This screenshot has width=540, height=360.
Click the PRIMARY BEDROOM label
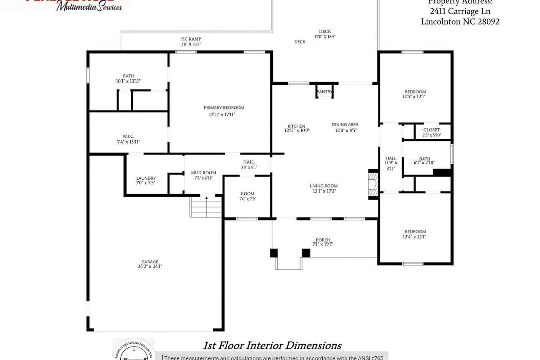(224, 108)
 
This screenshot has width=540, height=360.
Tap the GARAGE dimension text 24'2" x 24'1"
(149, 267)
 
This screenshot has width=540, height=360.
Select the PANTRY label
(324, 92)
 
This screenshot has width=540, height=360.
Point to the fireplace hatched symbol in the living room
(373, 184)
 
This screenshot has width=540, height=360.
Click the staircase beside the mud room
(206, 207)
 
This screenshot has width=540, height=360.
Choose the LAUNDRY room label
(146, 178)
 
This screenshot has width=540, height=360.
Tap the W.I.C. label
(128, 136)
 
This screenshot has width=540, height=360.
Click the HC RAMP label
(191, 39)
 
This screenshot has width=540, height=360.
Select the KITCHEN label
(296, 126)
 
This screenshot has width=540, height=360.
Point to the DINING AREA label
(345, 125)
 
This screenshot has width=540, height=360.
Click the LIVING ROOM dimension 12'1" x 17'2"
(324, 191)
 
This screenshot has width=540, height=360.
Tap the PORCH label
(323, 240)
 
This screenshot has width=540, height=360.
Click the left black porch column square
(274, 253)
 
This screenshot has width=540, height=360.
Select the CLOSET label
(431, 130)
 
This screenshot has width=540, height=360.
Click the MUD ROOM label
(203, 173)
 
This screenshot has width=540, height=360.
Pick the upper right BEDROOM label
(415, 92)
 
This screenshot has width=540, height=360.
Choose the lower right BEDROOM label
(415, 231)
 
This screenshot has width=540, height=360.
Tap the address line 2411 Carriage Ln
(460, 11)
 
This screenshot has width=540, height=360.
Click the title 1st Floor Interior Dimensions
(272, 346)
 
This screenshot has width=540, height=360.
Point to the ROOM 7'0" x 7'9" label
(248, 194)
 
